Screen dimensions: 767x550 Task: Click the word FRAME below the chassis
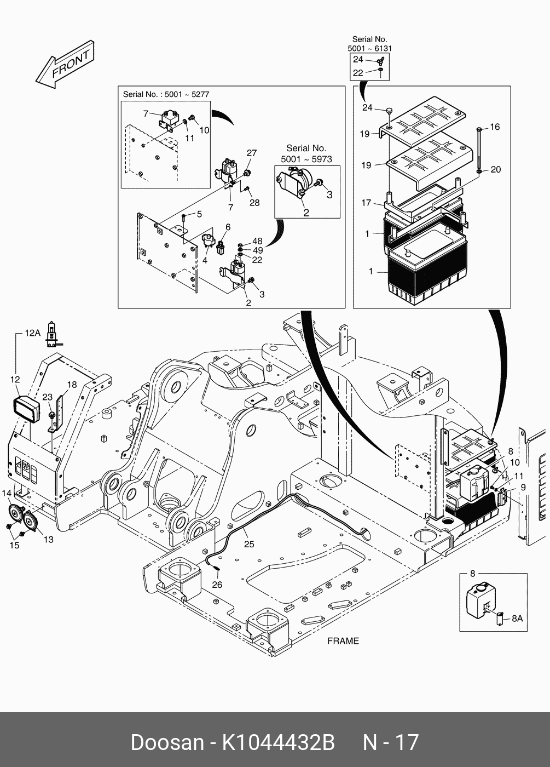[x=343, y=640]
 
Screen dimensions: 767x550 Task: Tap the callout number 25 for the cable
[x=249, y=544]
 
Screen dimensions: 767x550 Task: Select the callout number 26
[x=217, y=585]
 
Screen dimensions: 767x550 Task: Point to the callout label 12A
[x=32, y=333]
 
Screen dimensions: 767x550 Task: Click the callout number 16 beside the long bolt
[x=495, y=127]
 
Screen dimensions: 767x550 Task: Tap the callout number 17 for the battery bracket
[x=366, y=203]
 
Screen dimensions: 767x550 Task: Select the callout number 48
[x=257, y=241]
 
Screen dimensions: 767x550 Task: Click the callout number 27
[x=251, y=153]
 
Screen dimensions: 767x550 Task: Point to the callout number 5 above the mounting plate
[x=199, y=214]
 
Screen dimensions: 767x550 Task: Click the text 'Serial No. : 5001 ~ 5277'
[x=166, y=94]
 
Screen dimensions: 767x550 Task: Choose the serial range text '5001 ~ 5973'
[x=306, y=159]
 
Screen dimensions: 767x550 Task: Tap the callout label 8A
[x=517, y=618]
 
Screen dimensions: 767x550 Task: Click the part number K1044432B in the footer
[x=277, y=742]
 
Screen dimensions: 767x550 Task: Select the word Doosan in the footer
[x=167, y=742]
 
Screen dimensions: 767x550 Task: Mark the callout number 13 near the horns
[x=49, y=539]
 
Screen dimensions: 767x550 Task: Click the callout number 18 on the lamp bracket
[x=72, y=385]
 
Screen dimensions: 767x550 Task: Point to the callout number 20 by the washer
[x=495, y=170]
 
